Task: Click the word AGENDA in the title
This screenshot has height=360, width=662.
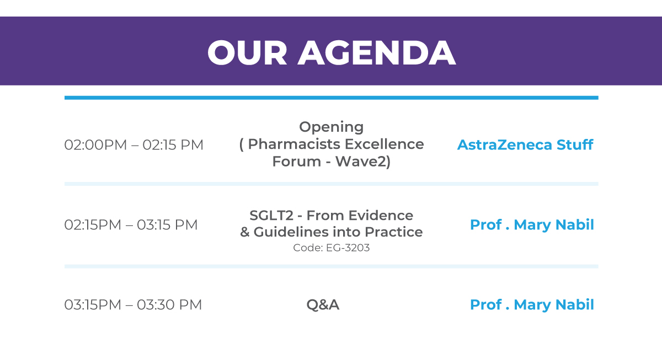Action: point(376,53)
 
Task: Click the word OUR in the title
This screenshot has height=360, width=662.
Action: point(247,53)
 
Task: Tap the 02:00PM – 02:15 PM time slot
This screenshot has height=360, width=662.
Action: point(134,145)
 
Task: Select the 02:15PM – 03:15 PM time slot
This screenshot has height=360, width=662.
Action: point(131,225)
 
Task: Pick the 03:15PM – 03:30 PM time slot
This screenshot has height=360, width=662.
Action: point(133,305)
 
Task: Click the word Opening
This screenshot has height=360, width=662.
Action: point(332,127)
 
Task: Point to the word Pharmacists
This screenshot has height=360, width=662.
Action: point(294,144)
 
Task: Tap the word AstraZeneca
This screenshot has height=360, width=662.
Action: point(504,144)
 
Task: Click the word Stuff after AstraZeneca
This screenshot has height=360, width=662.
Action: point(575,144)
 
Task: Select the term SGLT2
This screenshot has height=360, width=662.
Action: point(271,216)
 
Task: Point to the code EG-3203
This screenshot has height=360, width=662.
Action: point(348,248)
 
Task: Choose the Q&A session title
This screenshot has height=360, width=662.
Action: point(323,305)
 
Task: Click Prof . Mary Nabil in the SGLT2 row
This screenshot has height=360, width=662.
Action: point(532,225)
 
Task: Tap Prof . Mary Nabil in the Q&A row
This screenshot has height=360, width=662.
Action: point(532,305)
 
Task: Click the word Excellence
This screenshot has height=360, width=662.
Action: point(384,144)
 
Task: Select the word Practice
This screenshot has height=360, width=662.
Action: point(394,232)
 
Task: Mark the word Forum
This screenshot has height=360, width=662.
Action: point(296,162)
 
